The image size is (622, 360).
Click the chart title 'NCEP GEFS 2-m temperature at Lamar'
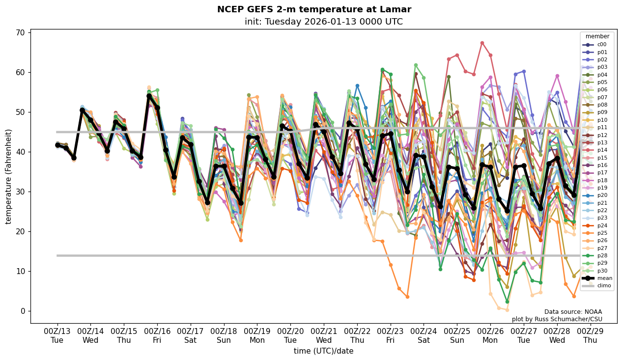(314, 9)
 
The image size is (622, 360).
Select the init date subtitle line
(323, 22)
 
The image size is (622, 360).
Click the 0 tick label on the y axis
(22, 311)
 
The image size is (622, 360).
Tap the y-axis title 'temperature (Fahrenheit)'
(8, 176)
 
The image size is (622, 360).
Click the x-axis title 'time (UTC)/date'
(323, 351)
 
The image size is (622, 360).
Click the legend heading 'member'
(597, 36)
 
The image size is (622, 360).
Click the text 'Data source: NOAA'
(573, 312)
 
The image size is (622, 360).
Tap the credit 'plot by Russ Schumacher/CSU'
(557, 319)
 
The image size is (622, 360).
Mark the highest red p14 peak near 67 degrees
(482, 43)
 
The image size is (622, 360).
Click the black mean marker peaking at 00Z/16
(149, 96)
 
